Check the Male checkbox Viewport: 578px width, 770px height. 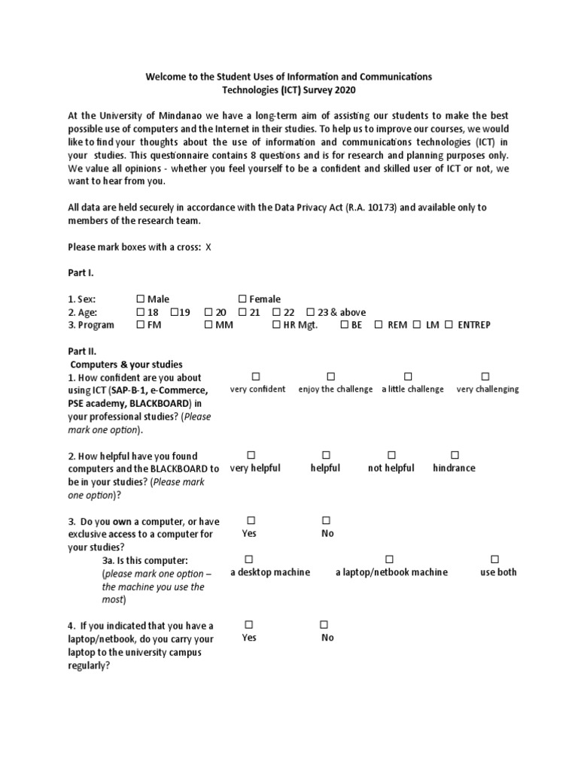pyautogui.click(x=141, y=299)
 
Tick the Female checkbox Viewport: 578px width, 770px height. pyautogui.click(x=242, y=299)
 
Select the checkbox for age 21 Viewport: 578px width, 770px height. pyautogui.click(x=242, y=312)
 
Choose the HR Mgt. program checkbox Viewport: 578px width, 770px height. pyautogui.click(x=276, y=325)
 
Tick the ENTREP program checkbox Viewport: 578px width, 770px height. pyautogui.click(x=449, y=325)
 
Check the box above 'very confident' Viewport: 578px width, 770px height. pyautogui.click(x=256, y=376)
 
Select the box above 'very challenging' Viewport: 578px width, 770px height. pyautogui.click(x=485, y=376)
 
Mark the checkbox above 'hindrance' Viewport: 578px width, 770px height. pyautogui.click(x=455, y=455)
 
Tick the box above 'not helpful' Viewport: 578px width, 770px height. pyautogui.click(x=391, y=455)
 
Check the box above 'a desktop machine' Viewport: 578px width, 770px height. pyautogui.click(x=249, y=559)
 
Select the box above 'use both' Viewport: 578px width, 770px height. pyautogui.click(x=494, y=559)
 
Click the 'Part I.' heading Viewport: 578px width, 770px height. pyautogui.click(x=81, y=273)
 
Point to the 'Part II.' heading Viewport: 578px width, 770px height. pyautogui.click(x=82, y=351)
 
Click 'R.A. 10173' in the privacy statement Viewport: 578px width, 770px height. pyautogui.click(x=374, y=208)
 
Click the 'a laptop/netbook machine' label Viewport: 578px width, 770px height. pyautogui.click(x=391, y=572)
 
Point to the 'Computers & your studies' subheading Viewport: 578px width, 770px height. pyautogui.click(x=126, y=364)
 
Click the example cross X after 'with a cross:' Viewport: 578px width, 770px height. pyautogui.click(x=208, y=247)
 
